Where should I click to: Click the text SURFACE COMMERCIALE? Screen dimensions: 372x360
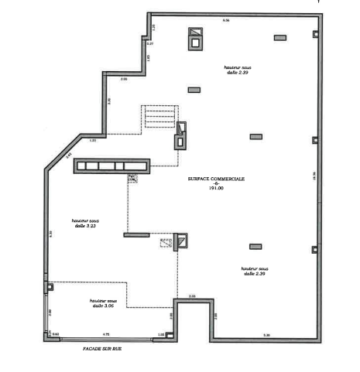(x=216, y=178)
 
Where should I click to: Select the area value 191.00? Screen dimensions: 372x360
(x=216, y=189)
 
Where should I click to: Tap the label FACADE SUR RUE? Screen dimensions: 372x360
(x=103, y=349)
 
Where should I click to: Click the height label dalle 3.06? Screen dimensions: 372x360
(x=102, y=305)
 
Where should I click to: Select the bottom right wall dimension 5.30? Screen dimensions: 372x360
(x=266, y=335)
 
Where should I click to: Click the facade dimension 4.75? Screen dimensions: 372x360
(x=106, y=334)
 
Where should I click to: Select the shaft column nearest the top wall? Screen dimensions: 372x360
(x=196, y=37)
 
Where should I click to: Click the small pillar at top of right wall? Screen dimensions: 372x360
(x=314, y=34)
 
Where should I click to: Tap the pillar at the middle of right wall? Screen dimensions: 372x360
(x=314, y=140)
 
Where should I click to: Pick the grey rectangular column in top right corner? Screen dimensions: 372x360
(x=279, y=37)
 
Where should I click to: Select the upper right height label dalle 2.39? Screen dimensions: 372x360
(x=238, y=70)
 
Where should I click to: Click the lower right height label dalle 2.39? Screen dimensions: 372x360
(x=254, y=271)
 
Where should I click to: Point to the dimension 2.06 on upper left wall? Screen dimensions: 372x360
(x=123, y=78)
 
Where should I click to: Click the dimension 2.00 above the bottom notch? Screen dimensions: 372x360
(x=192, y=296)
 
